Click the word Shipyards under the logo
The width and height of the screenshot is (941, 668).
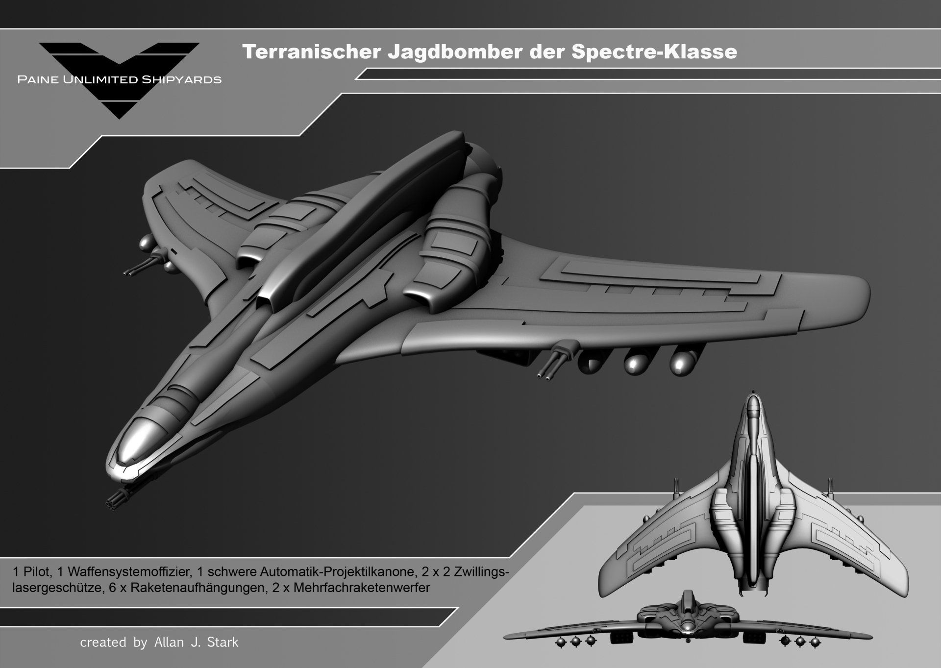tap(181, 79)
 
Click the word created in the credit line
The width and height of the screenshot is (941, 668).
tap(103, 642)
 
